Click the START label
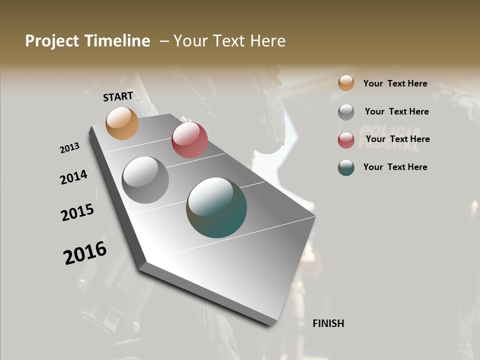coord(118,96)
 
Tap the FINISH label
coord(328,323)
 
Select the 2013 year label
coord(70,148)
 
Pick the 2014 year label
coord(74,177)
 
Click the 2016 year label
coord(85,253)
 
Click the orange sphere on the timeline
coord(122,123)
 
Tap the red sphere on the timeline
coord(189,140)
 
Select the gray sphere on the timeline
coord(145,180)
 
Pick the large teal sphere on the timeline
coord(216,207)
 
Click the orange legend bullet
coord(346,83)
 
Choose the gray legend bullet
coord(346,111)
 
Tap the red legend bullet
coord(346,139)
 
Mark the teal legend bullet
coord(346,167)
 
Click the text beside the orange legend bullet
coord(395,83)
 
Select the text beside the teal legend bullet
coord(395,167)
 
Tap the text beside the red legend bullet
coord(397,139)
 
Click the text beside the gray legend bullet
coord(396,111)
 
